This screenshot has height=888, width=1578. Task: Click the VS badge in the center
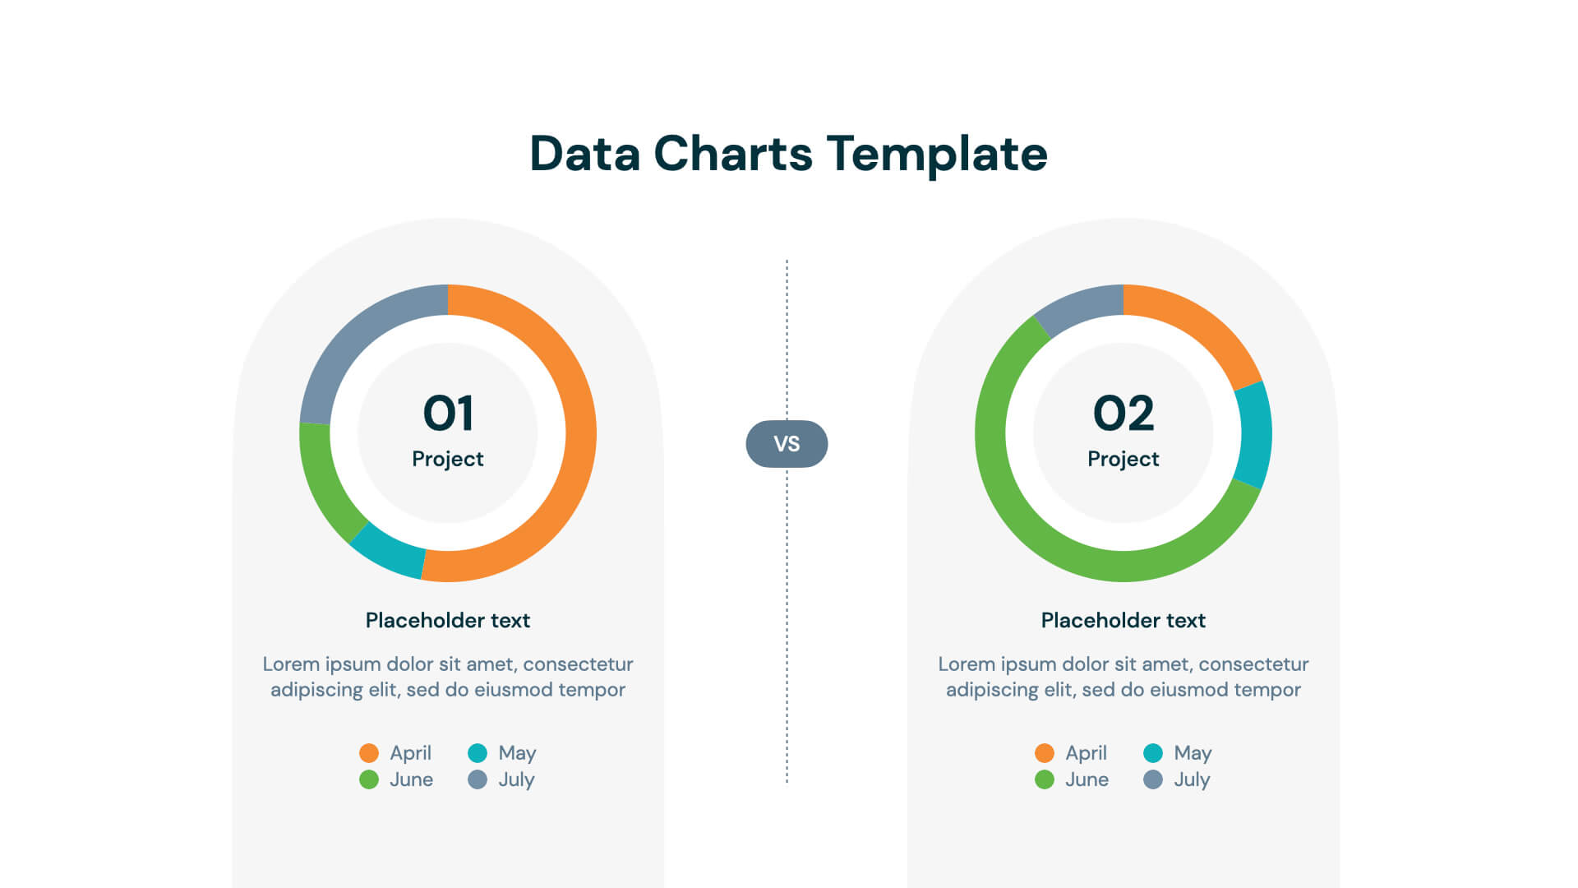(x=787, y=444)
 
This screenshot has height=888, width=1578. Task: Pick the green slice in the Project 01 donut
(x=321, y=481)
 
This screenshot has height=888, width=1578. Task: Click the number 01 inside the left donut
(x=448, y=413)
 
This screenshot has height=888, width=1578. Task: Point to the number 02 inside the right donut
(x=1124, y=413)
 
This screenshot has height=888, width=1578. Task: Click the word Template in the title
(x=937, y=154)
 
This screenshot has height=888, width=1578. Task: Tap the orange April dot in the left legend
(x=369, y=752)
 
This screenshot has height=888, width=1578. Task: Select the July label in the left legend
(x=516, y=779)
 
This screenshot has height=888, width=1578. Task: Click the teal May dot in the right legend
(x=1153, y=752)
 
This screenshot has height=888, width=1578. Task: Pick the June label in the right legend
(x=1087, y=779)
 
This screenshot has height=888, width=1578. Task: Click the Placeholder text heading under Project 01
(x=448, y=620)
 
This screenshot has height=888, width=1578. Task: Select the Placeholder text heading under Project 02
(x=1124, y=620)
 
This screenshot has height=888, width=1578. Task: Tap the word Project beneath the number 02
(x=1124, y=459)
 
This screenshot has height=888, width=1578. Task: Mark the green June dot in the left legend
(x=369, y=779)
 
